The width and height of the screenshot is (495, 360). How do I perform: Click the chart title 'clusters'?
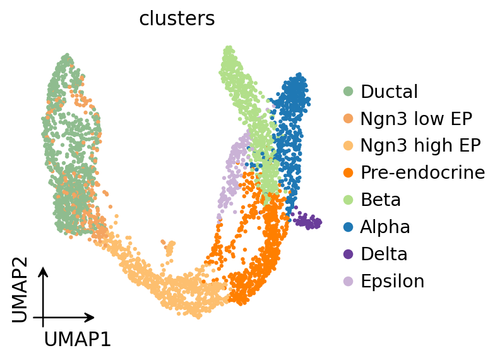point(177,19)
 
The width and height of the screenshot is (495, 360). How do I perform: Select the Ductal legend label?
point(389,92)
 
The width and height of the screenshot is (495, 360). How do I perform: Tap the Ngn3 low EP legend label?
point(416,119)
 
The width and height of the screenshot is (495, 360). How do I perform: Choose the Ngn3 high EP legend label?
point(420,145)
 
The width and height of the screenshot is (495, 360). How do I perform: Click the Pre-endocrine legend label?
point(423,172)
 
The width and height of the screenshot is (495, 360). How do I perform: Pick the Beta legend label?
point(381,200)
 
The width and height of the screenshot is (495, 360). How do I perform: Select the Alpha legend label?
point(385,227)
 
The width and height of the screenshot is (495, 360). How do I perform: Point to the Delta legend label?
point(384,254)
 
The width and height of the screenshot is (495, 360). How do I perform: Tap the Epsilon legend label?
point(393,281)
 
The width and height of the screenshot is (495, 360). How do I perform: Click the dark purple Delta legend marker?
point(349,254)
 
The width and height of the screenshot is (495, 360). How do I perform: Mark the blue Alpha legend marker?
point(349,227)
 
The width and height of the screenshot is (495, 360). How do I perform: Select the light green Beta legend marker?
point(349,200)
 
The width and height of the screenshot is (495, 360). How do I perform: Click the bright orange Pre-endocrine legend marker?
point(349,173)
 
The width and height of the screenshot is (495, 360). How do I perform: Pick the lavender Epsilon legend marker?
point(349,282)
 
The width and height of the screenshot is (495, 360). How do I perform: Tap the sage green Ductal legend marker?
point(349,92)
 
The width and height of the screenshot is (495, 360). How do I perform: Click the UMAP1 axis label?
point(77,340)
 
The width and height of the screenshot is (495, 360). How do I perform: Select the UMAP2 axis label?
point(20,290)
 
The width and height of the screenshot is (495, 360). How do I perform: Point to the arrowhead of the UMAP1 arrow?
point(90,317)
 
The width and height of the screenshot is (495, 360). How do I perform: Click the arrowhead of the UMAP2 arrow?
point(43,272)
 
